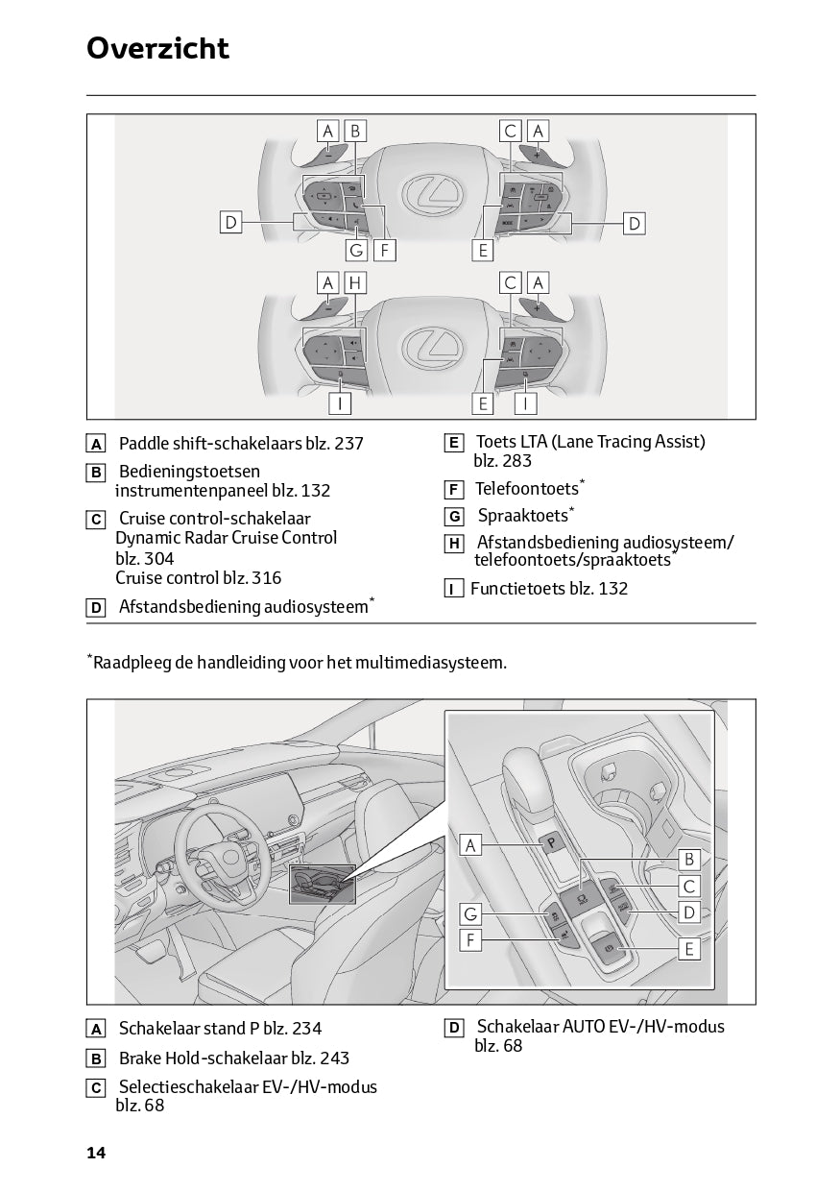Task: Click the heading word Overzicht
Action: [x=157, y=48]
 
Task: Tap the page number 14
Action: [x=95, y=1152]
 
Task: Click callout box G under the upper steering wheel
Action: [x=356, y=251]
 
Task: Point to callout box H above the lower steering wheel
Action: [x=355, y=282]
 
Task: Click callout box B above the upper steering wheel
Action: [x=354, y=131]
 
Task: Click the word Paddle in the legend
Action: [x=143, y=444]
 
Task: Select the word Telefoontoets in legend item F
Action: [x=526, y=489]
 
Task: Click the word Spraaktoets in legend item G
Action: [x=522, y=516]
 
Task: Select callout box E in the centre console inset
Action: [x=688, y=949]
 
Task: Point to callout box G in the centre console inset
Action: [x=470, y=913]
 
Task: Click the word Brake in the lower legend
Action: [x=139, y=1058]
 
